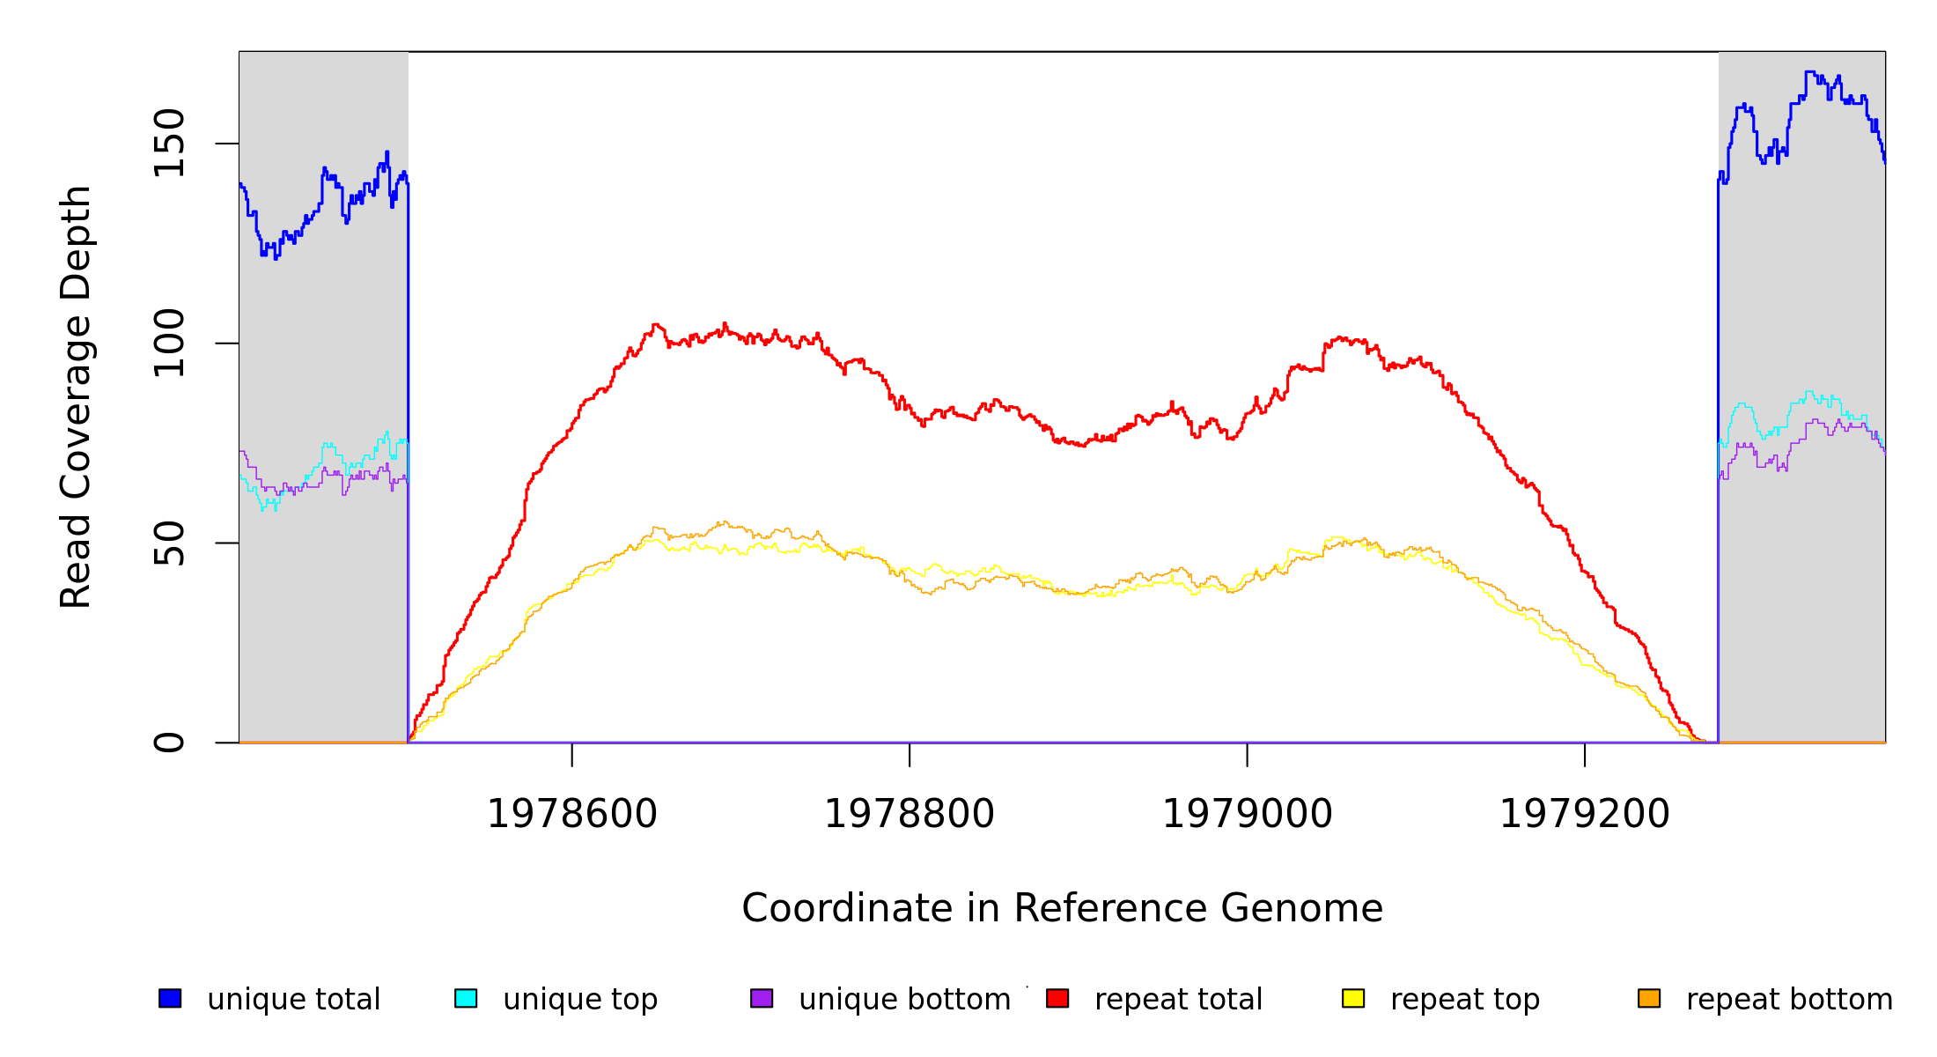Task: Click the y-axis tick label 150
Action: [x=169, y=143]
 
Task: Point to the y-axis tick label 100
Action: [x=169, y=343]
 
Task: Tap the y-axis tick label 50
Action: [x=169, y=543]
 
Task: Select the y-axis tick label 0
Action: [x=169, y=743]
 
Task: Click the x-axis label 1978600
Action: [x=571, y=814]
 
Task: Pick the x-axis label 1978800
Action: [x=909, y=814]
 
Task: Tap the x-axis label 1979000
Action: [x=1247, y=814]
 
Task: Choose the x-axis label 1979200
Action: [x=1584, y=814]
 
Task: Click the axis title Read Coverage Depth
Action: [x=76, y=396]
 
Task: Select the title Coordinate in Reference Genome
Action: [x=1062, y=908]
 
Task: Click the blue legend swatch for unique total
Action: [x=170, y=998]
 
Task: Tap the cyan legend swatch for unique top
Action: [x=466, y=998]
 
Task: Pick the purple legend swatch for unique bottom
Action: [x=762, y=998]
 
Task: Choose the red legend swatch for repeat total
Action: [x=1057, y=998]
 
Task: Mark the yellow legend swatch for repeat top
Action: [x=1353, y=998]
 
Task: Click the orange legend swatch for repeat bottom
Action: [x=1649, y=998]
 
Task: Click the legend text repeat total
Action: [x=1178, y=1000]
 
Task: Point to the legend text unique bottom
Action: [x=904, y=1000]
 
